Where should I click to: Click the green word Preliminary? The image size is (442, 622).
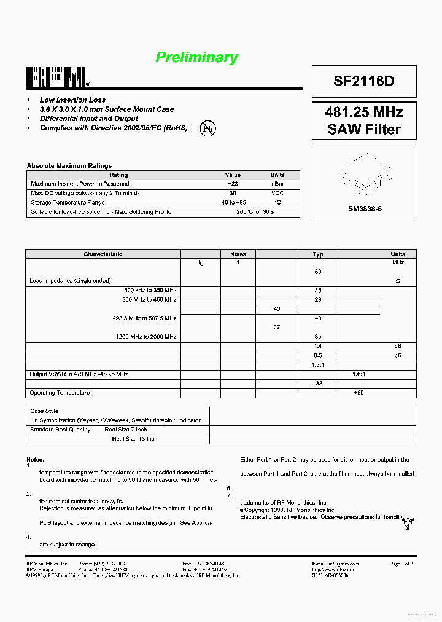click(196, 58)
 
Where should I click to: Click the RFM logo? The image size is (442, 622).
click(58, 77)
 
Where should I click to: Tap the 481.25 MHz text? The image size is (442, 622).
click(364, 112)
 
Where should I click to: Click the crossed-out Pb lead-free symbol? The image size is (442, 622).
click(208, 128)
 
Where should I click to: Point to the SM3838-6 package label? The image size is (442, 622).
click(365, 209)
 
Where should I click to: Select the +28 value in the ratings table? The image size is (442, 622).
click(233, 184)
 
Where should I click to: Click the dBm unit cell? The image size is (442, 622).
click(277, 184)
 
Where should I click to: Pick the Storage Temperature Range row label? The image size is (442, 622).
click(68, 202)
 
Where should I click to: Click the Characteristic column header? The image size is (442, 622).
click(103, 254)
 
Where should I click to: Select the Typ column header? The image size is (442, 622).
click(318, 254)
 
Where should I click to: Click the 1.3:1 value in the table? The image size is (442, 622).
click(318, 364)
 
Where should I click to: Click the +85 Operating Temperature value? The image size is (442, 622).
click(359, 393)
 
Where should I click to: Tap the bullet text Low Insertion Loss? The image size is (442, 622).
click(72, 100)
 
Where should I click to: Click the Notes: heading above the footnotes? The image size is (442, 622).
click(35, 460)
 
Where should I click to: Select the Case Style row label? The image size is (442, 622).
click(44, 411)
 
